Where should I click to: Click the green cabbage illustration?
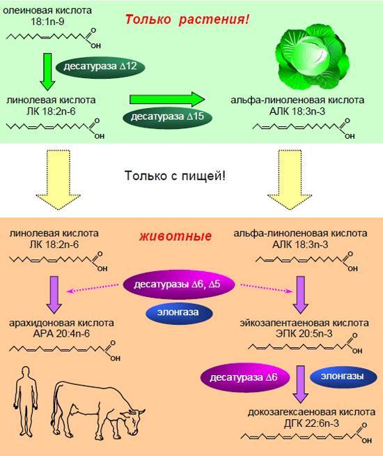point(312,56)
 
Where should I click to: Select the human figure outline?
point(26,402)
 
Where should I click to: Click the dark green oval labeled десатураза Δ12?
point(100,66)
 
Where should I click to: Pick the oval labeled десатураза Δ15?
point(168,117)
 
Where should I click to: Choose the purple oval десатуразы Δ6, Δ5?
point(179,284)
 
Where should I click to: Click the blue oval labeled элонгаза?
point(179,312)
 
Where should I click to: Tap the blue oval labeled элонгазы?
point(343,377)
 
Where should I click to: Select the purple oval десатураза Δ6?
point(245,378)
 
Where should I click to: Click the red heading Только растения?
point(187,20)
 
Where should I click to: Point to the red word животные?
point(175,236)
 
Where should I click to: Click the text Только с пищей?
point(175,176)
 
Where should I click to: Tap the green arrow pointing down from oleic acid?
point(47,72)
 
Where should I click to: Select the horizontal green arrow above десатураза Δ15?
point(167,99)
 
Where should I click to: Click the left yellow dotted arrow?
point(58,179)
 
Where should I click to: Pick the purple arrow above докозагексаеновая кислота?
point(300,384)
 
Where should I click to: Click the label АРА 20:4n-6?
point(61,333)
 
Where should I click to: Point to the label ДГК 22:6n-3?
point(311,423)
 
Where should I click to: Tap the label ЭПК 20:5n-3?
point(304,333)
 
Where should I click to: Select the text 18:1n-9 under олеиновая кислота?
point(47,22)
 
